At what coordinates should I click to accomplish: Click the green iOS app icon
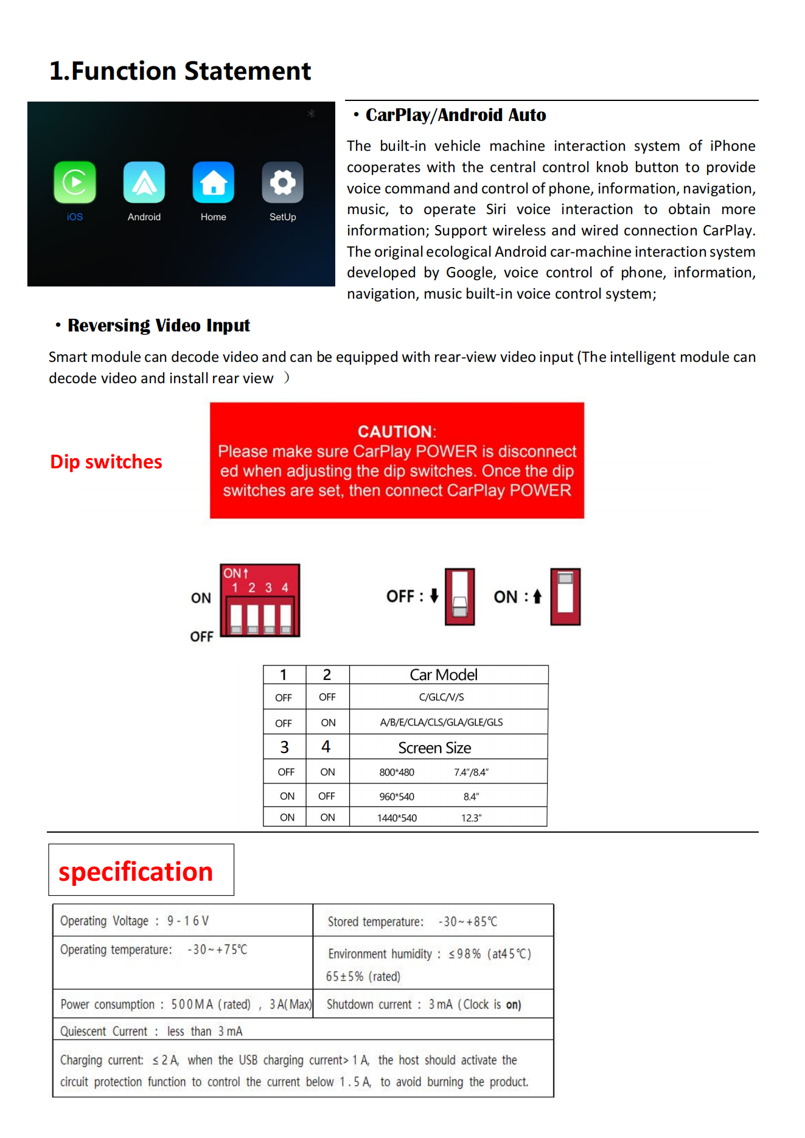click(75, 182)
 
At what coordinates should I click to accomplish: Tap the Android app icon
click(144, 182)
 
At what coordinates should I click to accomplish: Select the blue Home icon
click(214, 182)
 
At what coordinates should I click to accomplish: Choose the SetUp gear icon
click(283, 182)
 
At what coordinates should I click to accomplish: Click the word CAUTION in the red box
click(396, 432)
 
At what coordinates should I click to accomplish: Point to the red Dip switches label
click(106, 462)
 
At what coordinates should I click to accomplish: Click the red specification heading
click(136, 872)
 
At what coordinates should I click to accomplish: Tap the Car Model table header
click(444, 675)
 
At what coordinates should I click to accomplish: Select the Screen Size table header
click(434, 748)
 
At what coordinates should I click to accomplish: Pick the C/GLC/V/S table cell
click(441, 697)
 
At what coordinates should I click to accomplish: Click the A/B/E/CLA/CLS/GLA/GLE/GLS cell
click(441, 723)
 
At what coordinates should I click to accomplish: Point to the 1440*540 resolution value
click(397, 818)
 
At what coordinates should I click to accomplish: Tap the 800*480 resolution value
click(397, 772)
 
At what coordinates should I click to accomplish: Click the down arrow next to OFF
click(434, 595)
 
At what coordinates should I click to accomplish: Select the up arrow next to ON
click(537, 597)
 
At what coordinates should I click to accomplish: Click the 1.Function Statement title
click(180, 71)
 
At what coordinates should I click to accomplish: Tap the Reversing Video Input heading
click(159, 325)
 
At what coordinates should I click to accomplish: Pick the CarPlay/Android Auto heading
click(456, 115)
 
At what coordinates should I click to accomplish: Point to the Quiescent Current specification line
click(151, 1032)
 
